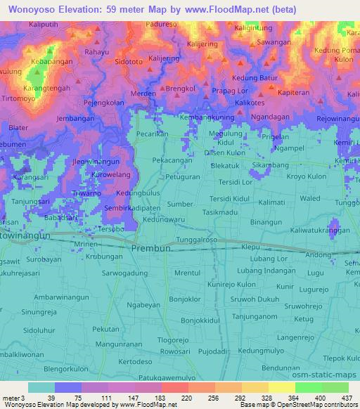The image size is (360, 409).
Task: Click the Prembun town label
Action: (x=151, y=249)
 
